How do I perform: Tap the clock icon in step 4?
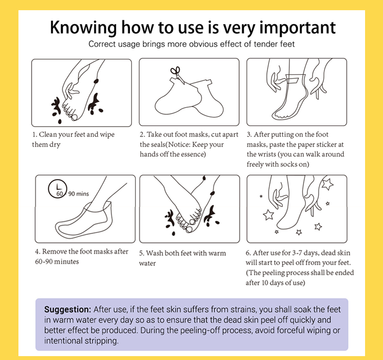point(58,189)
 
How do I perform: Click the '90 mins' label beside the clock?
point(79,194)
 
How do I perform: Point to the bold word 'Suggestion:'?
point(68,310)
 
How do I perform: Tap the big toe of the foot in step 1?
point(74,117)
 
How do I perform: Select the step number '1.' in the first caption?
point(35,134)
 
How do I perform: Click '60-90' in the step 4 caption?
point(43,262)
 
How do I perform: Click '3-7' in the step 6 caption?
point(297,253)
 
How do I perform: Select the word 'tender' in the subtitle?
point(266,44)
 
